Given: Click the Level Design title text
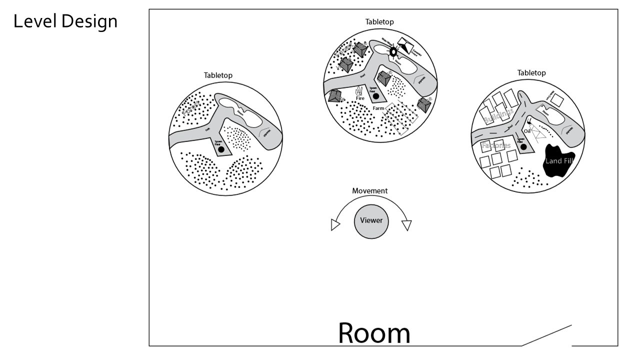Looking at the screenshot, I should click(x=65, y=21).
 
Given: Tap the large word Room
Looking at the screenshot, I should click(x=374, y=332).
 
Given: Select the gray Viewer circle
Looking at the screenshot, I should click(x=371, y=220).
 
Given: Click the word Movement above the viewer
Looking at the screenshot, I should click(x=369, y=191).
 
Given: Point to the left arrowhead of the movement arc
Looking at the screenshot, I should click(x=335, y=225).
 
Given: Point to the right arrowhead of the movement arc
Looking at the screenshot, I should click(x=406, y=225).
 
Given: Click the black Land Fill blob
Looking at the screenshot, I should click(x=559, y=160).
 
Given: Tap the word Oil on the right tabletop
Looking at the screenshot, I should click(x=526, y=131).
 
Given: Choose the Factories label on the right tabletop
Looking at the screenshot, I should click(x=496, y=146).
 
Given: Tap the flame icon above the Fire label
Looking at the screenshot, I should click(x=358, y=91).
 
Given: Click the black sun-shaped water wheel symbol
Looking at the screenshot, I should click(x=393, y=51).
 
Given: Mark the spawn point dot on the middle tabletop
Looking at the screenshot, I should click(x=375, y=95).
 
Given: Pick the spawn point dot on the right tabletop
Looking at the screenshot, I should click(x=523, y=147).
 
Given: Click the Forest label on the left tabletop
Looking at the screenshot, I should click(x=191, y=107).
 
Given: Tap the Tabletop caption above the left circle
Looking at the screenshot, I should click(x=218, y=75).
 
